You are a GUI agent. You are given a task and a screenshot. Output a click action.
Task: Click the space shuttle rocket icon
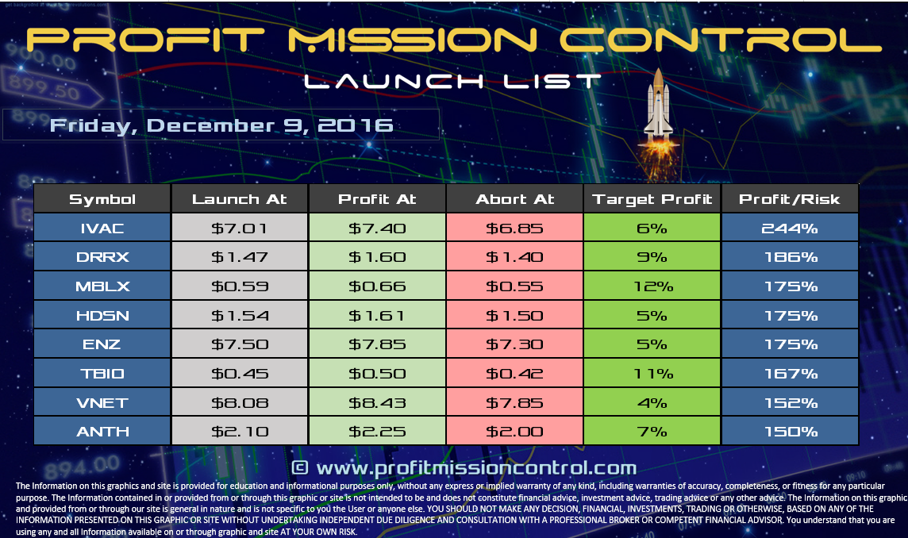[x=657, y=111]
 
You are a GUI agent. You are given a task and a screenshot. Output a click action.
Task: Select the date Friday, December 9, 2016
[x=221, y=125]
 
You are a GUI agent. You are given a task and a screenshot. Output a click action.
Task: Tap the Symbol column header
[x=102, y=199]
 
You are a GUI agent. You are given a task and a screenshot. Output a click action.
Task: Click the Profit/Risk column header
[x=789, y=199]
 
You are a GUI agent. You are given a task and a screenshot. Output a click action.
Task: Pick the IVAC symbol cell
[x=102, y=229]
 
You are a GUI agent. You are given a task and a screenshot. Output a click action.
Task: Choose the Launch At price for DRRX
[x=240, y=257]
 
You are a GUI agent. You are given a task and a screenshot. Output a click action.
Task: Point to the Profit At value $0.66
[x=377, y=286]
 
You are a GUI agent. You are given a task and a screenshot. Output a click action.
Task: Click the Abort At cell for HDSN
[x=515, y=316]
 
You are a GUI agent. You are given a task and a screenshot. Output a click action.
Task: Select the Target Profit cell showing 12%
[x=652, y=286]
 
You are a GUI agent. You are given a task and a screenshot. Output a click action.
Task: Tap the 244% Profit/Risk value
[x=789, y=229]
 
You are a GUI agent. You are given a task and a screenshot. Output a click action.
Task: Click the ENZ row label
[x=102, y=344]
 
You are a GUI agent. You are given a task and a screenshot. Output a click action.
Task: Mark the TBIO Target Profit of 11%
[x=652, y=374]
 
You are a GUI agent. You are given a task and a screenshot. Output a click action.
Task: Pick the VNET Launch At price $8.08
[x=240, y=402]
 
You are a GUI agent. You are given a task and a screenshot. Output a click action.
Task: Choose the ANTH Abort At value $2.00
[x=515, y=432]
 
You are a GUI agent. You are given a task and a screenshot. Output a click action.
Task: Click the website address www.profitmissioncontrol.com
[x=464, y=467]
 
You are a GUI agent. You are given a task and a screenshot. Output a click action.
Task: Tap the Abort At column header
[x=515, y=199]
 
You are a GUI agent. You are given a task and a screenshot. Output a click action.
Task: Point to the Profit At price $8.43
[x=377, y=402]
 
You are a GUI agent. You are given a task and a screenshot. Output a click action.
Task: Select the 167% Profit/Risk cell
[x=789, y=374]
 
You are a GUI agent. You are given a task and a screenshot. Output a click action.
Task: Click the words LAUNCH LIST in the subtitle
[x=452, y=81]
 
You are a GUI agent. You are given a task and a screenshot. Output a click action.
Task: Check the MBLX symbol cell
[x=102, y=286]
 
